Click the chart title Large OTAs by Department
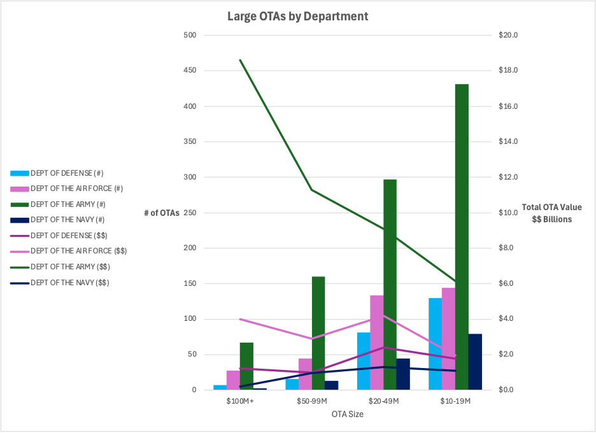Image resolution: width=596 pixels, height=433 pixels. pyautogui.click(x=297, y=16)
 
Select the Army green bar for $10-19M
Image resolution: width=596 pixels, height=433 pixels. pyautogui.click(x=462, y=236)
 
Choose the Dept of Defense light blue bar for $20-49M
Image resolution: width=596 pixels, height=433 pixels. pyautogui.click(x=363, y=360)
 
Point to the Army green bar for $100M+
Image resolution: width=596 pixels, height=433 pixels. pyautogui.click(x=246, y=366)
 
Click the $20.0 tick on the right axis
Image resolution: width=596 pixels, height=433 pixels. pyautogui.click(x=509, y=35)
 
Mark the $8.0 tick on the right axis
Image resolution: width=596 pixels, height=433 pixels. pyautogui.click(x=507, y=248)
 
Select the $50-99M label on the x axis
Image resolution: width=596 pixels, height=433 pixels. pyautogui.click(x=312, y=401)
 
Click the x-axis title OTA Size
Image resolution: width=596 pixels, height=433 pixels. pyautogui.click(x=347, y=414)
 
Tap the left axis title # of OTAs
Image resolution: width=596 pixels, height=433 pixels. pyautogui.click(x=161, y=213)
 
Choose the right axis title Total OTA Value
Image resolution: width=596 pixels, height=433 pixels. pyautogui.click(x=551, y=207)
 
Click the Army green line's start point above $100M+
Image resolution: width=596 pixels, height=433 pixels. pyautogui.click(x=240, y=60)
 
